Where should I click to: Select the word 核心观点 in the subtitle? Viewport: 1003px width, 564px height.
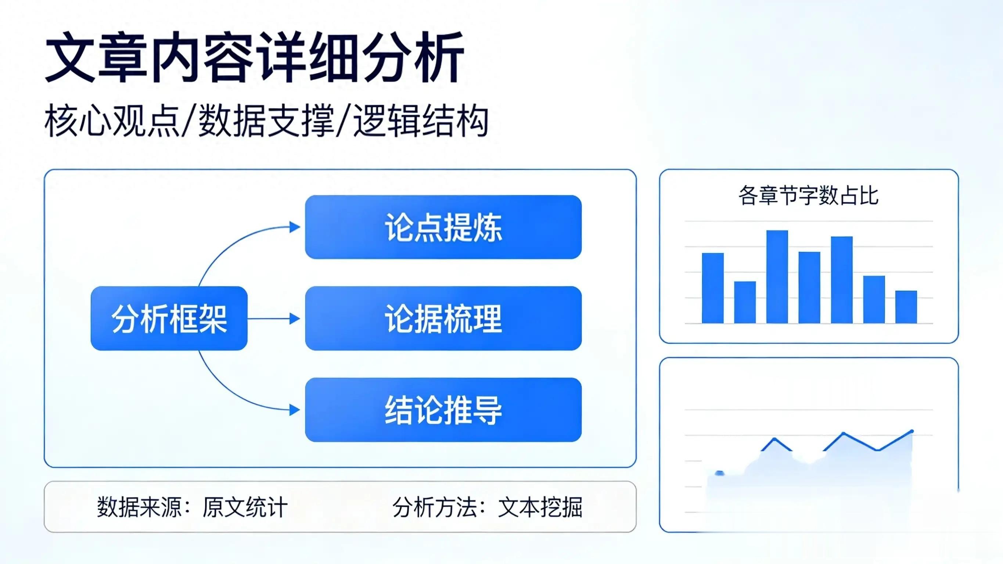[x=112, y=121]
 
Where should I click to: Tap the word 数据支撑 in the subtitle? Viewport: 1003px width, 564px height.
[x=266, y=121]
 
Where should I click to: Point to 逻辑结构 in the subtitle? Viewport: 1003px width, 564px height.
[x=421, y=121]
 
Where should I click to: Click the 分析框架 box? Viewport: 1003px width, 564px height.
[x=169, y=318]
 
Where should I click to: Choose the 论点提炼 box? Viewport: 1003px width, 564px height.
[x=443, y=227]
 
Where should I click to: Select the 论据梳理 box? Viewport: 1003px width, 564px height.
[x=443, y=318]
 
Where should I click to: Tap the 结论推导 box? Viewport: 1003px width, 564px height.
[x=443, y=410]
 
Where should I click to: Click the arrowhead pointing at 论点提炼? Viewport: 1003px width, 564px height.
[x=295, y=227]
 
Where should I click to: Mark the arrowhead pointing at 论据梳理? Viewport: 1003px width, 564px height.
[x=295, y=319]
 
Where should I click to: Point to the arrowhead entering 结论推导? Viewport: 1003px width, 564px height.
[x=295, y=410]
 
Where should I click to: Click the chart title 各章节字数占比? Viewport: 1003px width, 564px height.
[x=808, y=195]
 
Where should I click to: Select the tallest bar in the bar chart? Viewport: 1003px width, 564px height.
[x=777, y=277]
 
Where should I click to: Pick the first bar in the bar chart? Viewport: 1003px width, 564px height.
[x=712, y=288]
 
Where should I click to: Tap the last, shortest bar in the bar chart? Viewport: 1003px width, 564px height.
[x=906, y=307]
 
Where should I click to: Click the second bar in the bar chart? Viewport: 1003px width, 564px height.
[x=745, y=302]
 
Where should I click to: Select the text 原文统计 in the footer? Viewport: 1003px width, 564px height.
[x=245, y=507]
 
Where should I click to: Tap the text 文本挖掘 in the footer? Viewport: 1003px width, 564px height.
[x=540, y=507]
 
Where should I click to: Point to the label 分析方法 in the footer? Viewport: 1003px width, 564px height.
[x=435, y=507]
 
